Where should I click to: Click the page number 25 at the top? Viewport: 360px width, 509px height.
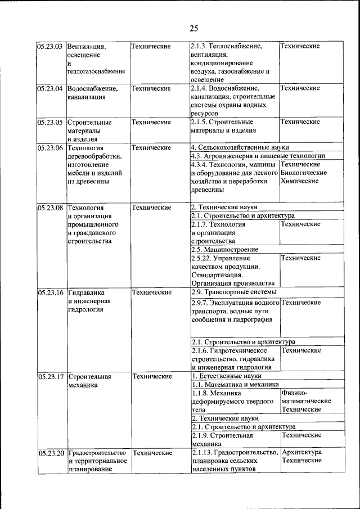tap(193, 29)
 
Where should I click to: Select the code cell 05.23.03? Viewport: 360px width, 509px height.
tap(49, 46)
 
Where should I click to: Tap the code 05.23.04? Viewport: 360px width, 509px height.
tap(49, 88)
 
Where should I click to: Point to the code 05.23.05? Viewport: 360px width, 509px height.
tap(49, 122)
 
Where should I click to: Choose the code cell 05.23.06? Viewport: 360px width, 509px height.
tap(49, 148)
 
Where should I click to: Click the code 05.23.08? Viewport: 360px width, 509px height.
tap(49, 208)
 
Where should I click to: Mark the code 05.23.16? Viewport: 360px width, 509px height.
tap(49, 292)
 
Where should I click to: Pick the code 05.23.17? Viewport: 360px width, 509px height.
tap(49, 377)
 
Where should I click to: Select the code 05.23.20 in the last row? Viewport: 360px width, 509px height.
tap(49, 453)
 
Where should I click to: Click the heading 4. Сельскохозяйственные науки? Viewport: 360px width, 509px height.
tap(236, 147)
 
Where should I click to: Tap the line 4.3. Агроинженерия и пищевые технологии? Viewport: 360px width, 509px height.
tap(258, 156)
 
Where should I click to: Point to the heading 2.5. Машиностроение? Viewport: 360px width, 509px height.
tap(224, 249)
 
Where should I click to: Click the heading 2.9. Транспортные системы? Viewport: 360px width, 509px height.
tap(233, 292)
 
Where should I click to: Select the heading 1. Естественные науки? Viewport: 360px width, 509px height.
tap(227, 376)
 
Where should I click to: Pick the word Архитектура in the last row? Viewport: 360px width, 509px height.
tap(302, 452)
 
